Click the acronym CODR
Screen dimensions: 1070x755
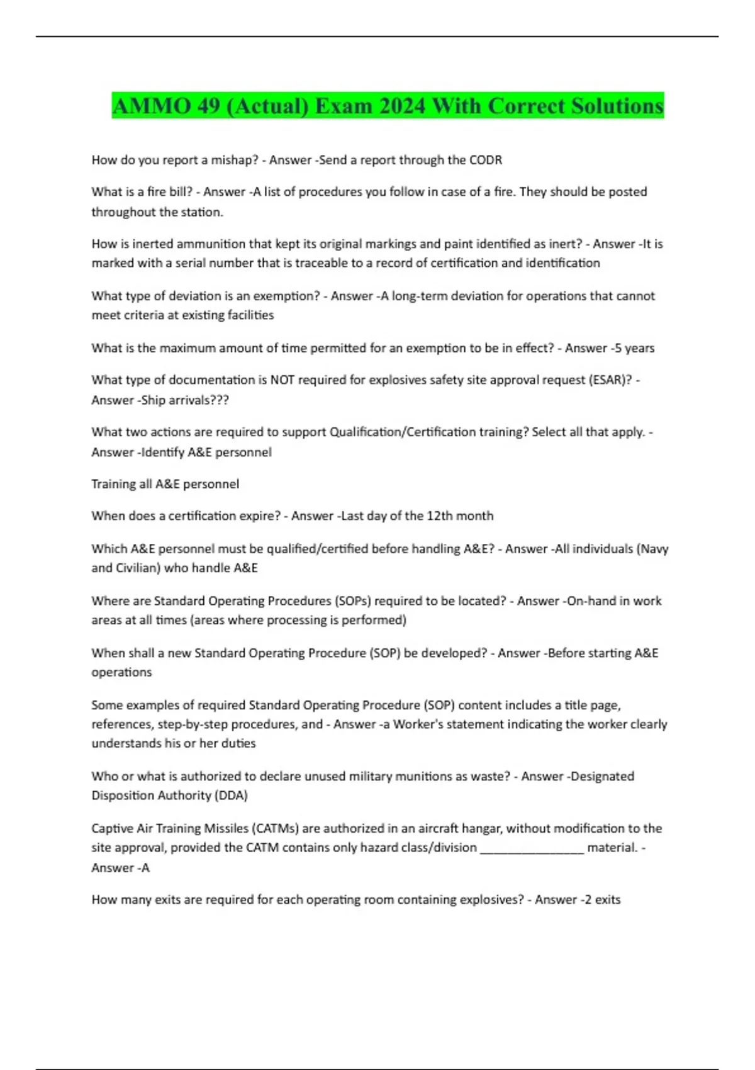pos(486,160)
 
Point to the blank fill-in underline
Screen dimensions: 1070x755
pos(532,848)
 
